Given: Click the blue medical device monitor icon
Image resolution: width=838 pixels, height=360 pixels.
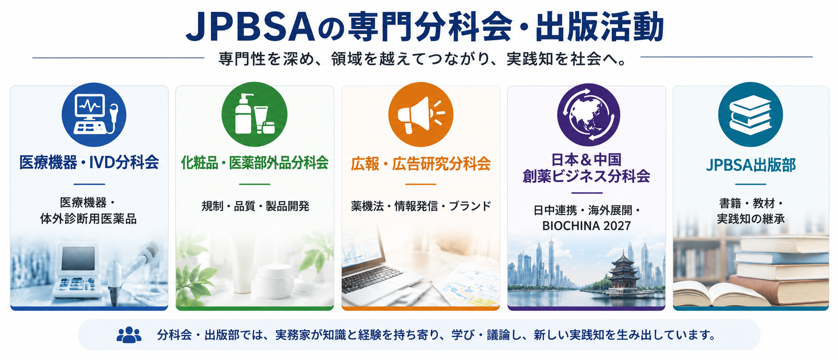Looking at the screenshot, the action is (94, 115).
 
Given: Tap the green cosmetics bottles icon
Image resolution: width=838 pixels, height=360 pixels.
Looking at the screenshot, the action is (254, 114).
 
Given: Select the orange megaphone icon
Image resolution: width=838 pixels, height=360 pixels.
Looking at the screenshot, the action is (421, 114).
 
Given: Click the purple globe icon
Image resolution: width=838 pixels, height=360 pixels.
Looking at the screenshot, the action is (588, 115).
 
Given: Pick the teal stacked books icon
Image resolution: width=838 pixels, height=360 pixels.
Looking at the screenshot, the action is (750, 115).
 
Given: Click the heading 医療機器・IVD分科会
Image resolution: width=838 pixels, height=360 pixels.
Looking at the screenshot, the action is (89, 162).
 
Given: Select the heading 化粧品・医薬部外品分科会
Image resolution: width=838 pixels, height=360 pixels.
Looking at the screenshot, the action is (255, 163).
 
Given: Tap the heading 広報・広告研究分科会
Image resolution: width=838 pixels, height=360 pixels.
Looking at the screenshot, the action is (421, 163).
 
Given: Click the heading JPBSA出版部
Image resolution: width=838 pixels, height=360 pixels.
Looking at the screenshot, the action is (751, 165).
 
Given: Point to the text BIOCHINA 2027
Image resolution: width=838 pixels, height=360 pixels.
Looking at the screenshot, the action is (586, 226).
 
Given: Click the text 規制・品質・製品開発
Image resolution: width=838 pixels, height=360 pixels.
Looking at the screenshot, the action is (255, 206).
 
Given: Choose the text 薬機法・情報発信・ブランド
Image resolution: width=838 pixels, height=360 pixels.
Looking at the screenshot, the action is (421, 206).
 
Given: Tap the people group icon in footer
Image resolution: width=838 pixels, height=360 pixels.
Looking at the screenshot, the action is (129, 335).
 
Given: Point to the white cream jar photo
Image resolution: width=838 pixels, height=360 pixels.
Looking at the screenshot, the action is (275, 281).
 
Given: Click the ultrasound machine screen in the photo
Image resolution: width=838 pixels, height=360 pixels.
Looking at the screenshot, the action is (78, 258).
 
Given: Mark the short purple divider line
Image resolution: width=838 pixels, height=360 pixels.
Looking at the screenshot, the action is (587, 193).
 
